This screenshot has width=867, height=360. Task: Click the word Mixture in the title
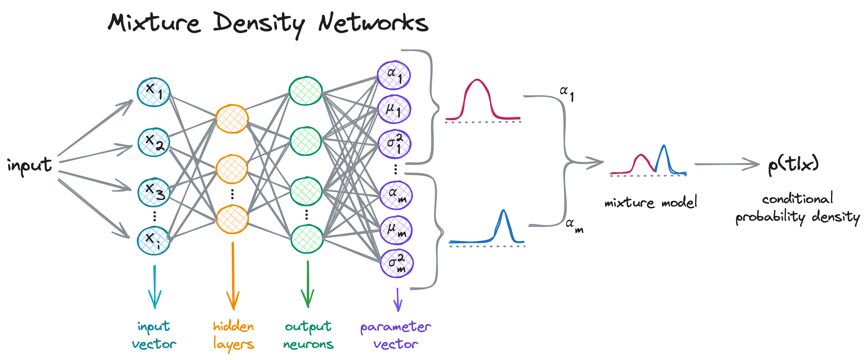coord(154,23)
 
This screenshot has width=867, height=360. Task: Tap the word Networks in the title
coord(373,23)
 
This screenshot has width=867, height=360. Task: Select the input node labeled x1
coord(153,92)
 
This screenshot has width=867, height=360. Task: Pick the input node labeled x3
coord(154,192)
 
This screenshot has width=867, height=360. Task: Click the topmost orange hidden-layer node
coord(232,119)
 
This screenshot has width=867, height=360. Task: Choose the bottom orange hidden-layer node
coord(232,219)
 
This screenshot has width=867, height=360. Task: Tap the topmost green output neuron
coord(305,91)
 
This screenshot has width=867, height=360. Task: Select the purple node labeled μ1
coord(394,109)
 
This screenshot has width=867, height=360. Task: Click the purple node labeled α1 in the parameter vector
coord(393,75)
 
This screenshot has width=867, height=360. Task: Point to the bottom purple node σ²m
coord(397,263)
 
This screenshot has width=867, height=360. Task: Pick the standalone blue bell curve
coord(503,226)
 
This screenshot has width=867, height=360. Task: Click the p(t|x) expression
coord(793,165)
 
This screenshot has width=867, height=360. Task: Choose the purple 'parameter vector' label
coord(395,335)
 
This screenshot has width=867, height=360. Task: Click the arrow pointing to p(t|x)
coord(727,164)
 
